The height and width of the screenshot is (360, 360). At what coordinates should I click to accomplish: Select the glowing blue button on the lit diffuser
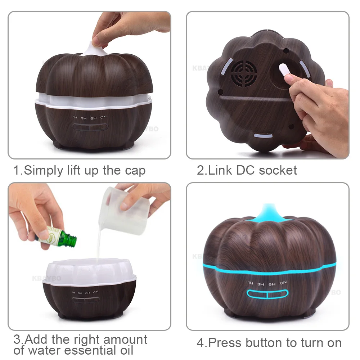tap(267, 294)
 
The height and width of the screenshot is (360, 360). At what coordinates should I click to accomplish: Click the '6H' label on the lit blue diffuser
tap(272, 284)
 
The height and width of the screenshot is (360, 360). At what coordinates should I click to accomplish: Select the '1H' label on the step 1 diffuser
tap(75, 118)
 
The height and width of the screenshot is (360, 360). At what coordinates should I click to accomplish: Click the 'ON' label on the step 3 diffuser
tap(96, 292)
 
